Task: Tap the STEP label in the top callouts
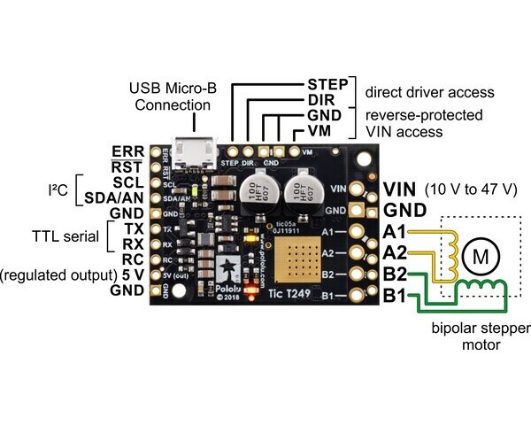pos(327,84)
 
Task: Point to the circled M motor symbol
pos(481,257)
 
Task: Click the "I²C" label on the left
pos(58,189)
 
